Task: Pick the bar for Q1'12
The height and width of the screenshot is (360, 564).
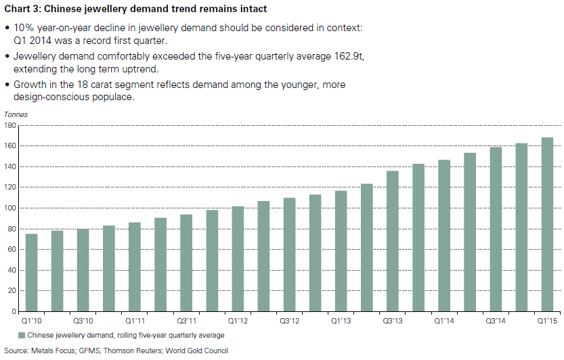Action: [x=237, y=259]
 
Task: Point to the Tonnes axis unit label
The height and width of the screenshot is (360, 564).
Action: [x=16, y=115]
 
